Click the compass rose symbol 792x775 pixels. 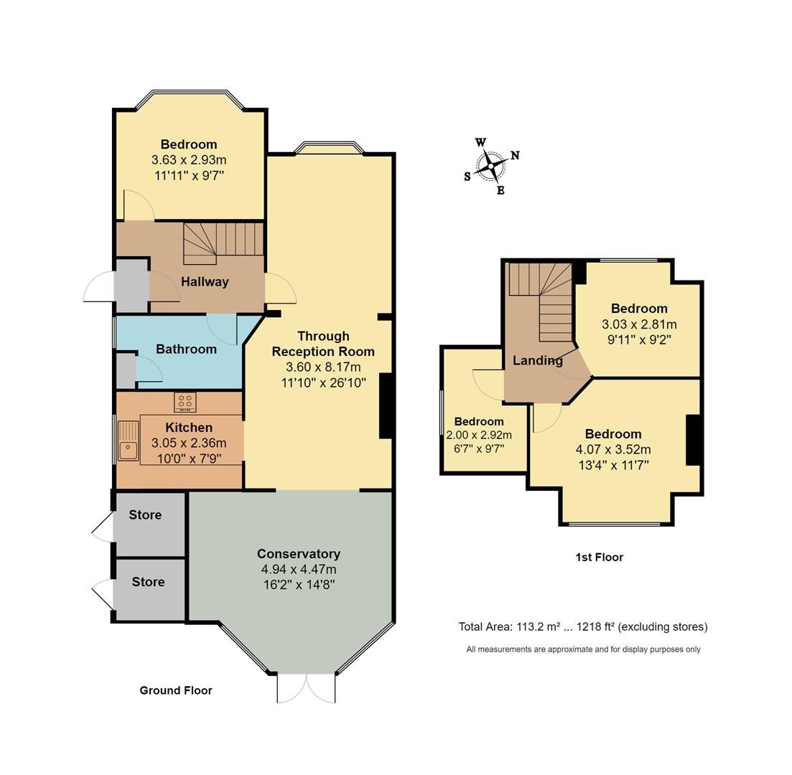491,166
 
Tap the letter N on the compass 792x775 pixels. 515,155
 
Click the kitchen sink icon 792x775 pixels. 129,441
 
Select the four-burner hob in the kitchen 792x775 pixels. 185,402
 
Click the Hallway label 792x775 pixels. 205,282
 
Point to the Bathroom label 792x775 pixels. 186,349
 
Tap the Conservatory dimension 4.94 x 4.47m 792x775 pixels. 299,569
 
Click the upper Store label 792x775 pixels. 145,515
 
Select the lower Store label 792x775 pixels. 148,582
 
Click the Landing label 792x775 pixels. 537,360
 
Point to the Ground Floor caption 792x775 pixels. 176,690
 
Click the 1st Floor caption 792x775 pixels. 599,557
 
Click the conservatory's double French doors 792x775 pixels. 306,687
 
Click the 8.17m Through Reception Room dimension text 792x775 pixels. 323,367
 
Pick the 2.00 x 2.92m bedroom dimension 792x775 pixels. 479,435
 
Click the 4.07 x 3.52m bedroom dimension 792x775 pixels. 612,450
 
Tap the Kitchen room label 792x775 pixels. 189,428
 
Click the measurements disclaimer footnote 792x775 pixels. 583,649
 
